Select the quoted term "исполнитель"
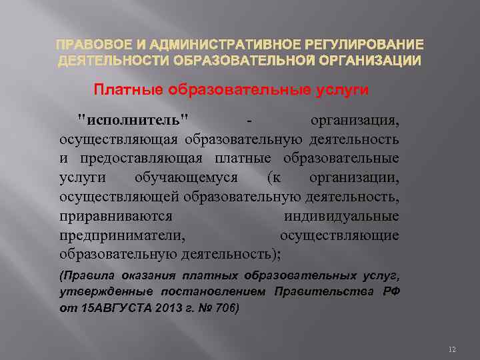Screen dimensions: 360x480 click(133, 121)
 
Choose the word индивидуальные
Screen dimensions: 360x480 click(341, 216)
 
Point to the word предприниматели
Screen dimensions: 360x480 click(122, 235)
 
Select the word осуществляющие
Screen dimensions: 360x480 click(339, 235)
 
